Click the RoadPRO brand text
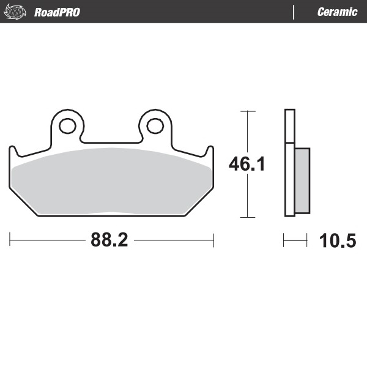click(57, 12)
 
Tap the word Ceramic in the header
click(337, 12)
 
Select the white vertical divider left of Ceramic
click(294, 12)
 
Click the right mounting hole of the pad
click(155, 126)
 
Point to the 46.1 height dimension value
click(247, 165)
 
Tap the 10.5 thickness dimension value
click(337, 241)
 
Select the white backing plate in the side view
click(290, 163)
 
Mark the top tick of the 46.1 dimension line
click(247, 111)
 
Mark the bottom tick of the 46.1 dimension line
click(247, 217)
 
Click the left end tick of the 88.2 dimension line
click(10, 240)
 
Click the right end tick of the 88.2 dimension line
click(213, 240)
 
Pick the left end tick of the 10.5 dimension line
click(284, 241)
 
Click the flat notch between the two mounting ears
click(111, 144)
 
